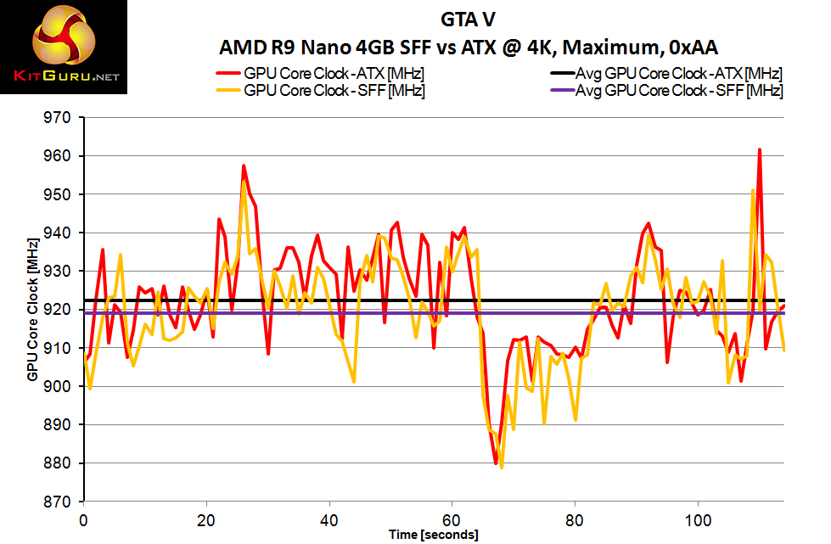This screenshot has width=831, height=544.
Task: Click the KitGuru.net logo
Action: (x=65, y=48)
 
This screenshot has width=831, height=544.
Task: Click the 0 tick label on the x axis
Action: (x=83, y=518)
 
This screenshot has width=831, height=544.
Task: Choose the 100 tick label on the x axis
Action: (x=699, y=518)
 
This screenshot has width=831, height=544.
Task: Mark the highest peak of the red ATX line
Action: (x=760, y=149)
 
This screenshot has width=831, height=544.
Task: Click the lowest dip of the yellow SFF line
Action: (x=502, y=468)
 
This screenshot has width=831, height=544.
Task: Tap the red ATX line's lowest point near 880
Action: (x=496, y=463)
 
